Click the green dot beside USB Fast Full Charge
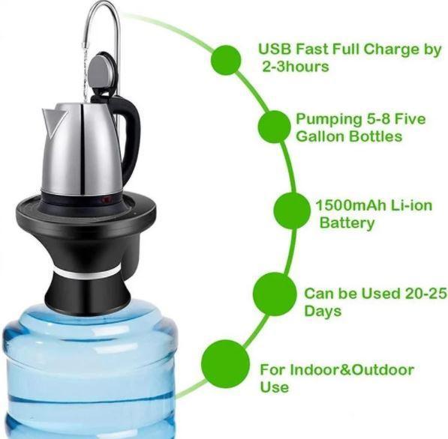coord(226,60)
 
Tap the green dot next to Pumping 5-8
coord(275,127)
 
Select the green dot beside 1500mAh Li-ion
coord(292,211)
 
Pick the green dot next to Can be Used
coord(275,294)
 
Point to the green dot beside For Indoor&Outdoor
coord(225,363)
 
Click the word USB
coord(275,49)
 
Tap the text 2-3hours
coord(296,67)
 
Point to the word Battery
coord(347,222)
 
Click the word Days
coord(323,311)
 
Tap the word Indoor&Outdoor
coord(352,370)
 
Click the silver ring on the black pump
coord(88,273)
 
